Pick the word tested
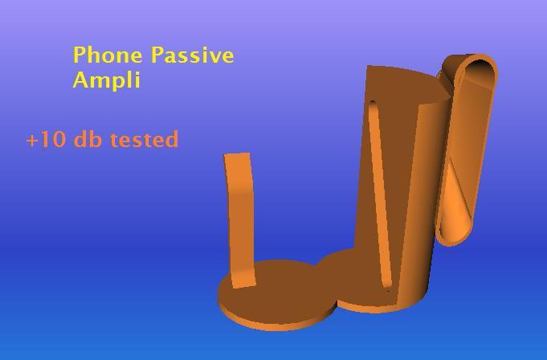click(x=144, y=140)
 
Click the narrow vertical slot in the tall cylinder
click(x=380, y=193)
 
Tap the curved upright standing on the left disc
click(x=240, y=217)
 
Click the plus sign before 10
click(x=32, y=141)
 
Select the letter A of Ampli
click(x=81, y=80)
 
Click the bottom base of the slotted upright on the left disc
click(x=243, y=280)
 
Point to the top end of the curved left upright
click(x=237, y=158)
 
